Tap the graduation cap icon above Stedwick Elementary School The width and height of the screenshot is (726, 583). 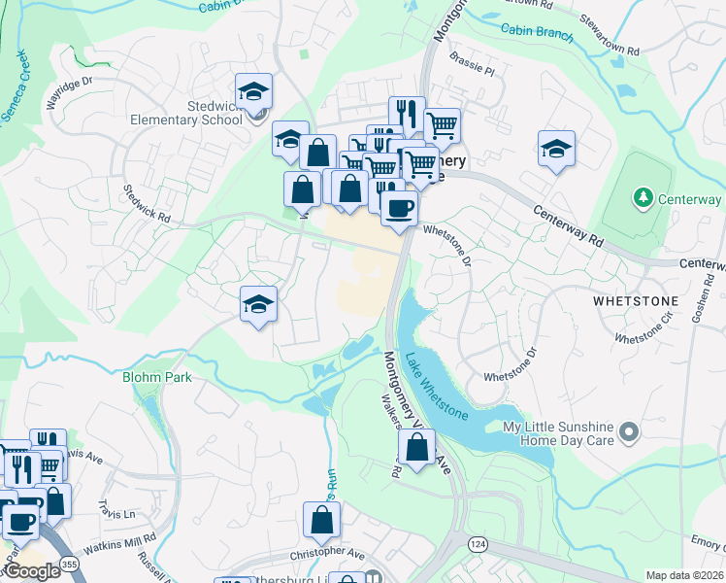254,92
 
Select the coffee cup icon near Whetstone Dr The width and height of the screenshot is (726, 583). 399,207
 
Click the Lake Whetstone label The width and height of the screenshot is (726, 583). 436,387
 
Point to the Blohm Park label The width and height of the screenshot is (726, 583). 157,377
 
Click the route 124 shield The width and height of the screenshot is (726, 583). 478,541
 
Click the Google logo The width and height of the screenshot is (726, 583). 32,571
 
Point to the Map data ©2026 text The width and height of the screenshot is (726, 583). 684,575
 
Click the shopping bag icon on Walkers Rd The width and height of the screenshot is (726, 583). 416,448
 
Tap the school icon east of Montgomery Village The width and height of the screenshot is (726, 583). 556,149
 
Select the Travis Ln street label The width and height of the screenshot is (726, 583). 115,508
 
